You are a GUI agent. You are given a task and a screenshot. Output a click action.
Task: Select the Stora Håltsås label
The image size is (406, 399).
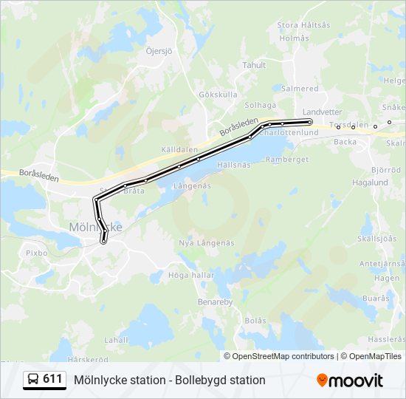(303, 25)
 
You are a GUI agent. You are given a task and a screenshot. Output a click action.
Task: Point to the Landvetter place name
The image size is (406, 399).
(323, 112)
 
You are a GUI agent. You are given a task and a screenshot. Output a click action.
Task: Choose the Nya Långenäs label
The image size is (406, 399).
(207, 243)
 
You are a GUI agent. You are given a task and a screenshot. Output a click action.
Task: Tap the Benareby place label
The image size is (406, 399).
(215, 302)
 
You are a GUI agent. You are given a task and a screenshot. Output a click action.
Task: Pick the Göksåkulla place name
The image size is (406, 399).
(218, 95)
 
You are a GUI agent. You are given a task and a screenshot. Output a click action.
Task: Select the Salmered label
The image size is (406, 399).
(300, 89)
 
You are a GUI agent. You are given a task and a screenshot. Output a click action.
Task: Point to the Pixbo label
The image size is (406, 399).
(36, 253)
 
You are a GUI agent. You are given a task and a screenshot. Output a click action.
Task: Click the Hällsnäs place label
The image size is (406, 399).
(235, 166)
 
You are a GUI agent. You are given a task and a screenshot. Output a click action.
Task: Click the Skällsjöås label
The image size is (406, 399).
(376, 239)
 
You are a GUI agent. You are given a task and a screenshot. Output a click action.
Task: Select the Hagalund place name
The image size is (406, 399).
(370, 183)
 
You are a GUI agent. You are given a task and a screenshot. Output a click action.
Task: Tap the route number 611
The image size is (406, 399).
(52, 379)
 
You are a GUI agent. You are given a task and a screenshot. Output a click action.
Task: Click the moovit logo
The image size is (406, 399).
(350, 381)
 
